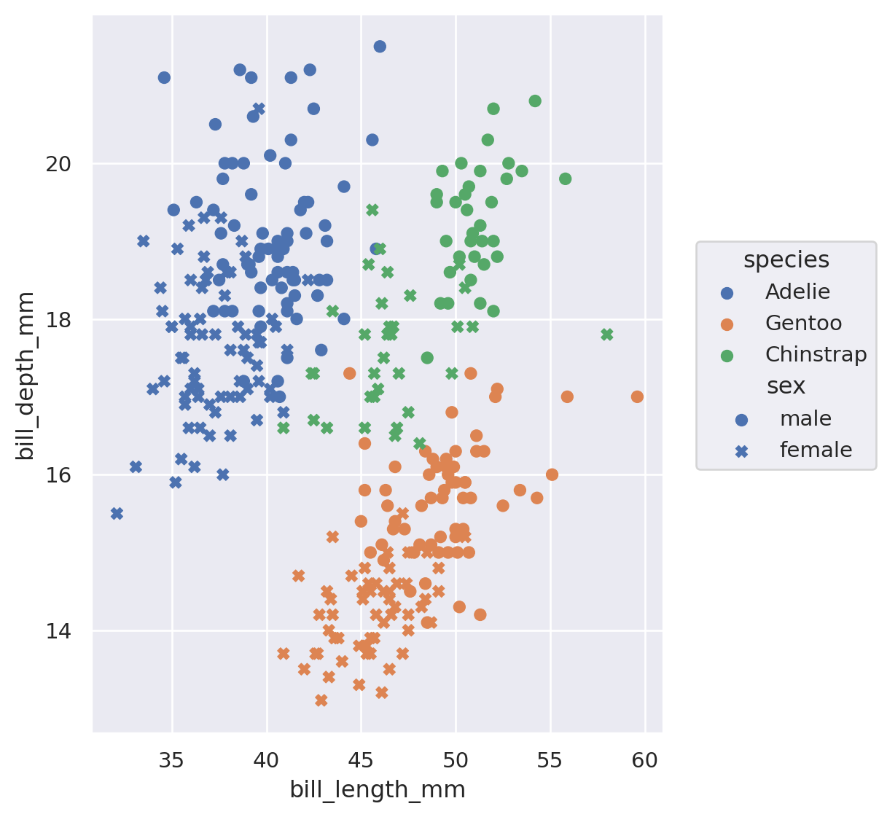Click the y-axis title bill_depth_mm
pyautogui.click(x=26, y=375)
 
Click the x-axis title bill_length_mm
pyautogui.click(x=378, y=790)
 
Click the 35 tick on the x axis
pyautogui.click(x=172, y=762)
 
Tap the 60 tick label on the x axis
pyautogui.click(x=645, y=762)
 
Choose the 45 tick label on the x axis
pyautogui.click(x=362, y=762)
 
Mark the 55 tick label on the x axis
pyautogui.click(x=550, y=762)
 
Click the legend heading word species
pyautogui.click(x=786, y=260)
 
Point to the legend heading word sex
pyautogui.click(x=786, y=386)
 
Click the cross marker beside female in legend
pyautogui.click(x=742, y=451)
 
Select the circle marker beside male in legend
pyautogui.click(x=742, y=420)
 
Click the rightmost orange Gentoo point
pyautogui.click(x=637, y=396)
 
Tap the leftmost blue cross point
pyautogui.click(x=117, y=514)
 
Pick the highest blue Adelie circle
pyautogui.click(x=380, y=47)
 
